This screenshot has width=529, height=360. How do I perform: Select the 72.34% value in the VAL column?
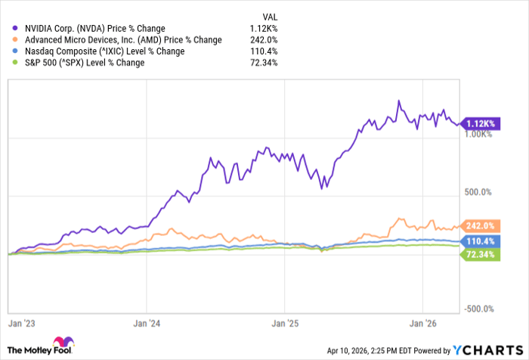point(265,62)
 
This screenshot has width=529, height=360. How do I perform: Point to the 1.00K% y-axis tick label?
point(478,135)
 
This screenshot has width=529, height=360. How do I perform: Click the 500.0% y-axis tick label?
point(478,193)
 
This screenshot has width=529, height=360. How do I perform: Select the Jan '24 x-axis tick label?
point(147,323)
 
